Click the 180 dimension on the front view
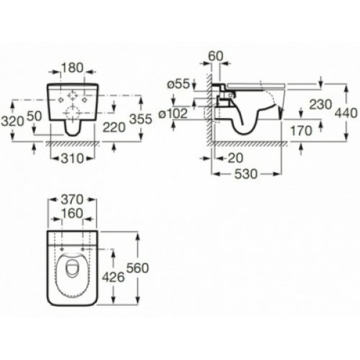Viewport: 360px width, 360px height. click(x=71, y=67)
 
